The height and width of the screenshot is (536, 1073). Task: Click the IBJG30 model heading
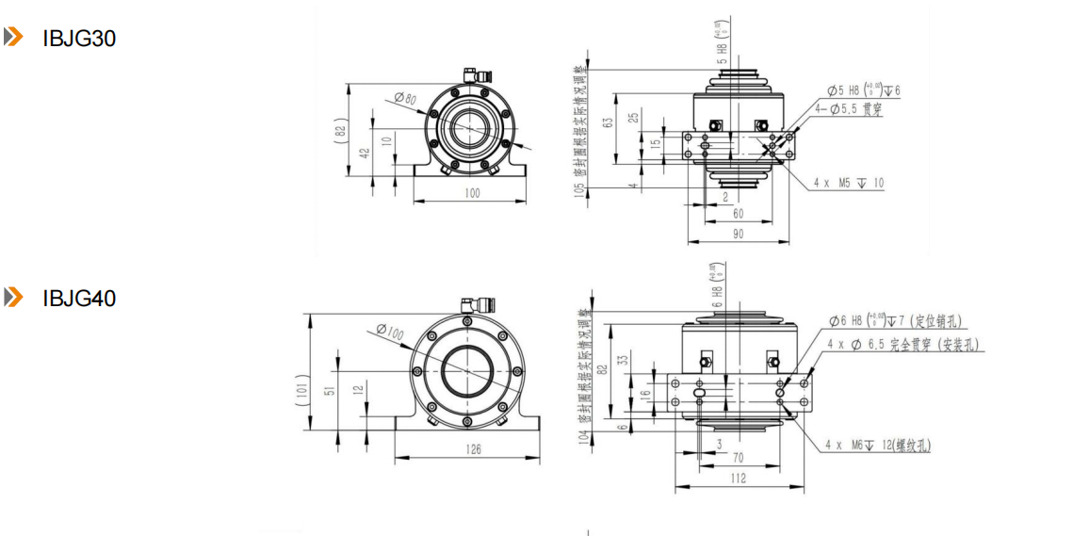(x=79, y=40)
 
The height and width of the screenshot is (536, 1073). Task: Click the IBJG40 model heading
(x=79, y=299)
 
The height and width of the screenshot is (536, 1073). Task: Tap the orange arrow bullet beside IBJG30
(x=13, y=38)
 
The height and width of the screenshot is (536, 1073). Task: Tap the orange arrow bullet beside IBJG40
(x=13, y=298)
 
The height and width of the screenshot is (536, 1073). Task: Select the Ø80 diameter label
(x=405, y=97)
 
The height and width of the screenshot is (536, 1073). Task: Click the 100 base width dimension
(x=471, y=193)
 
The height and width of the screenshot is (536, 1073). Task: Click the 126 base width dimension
(x=473, y=450)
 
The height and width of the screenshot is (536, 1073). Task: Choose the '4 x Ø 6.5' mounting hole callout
(x=903, y=345)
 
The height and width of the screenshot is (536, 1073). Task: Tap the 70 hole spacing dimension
(x=739, y=459)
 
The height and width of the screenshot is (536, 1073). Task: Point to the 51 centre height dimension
(x=329, y=392)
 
